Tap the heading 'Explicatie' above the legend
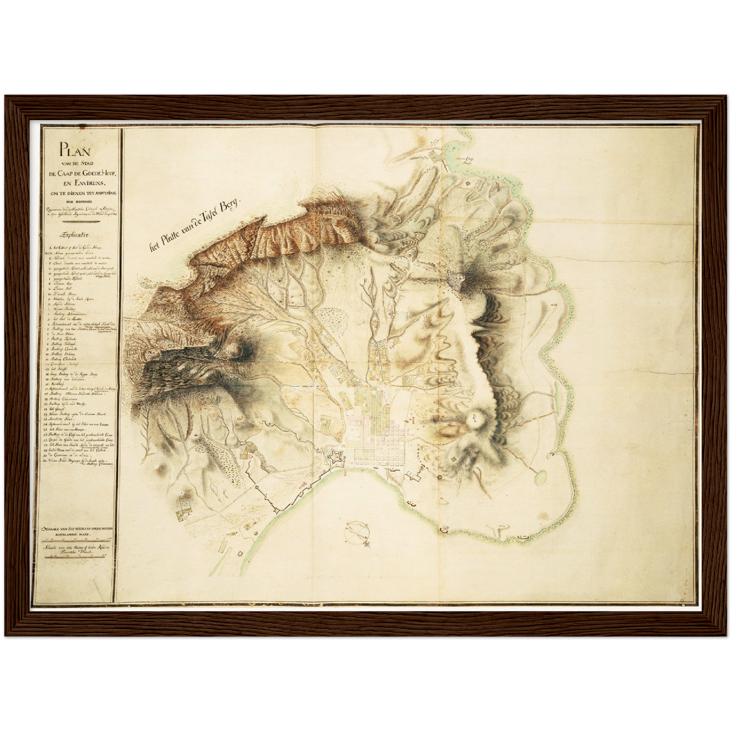pyautogui.click(x=74, y=235)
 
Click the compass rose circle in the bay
pyautogui.click(x=357, y=531)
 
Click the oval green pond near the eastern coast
pyautogui.click(x=540, y=476)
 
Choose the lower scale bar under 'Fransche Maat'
pyautogui.click(x=78, y=558)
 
